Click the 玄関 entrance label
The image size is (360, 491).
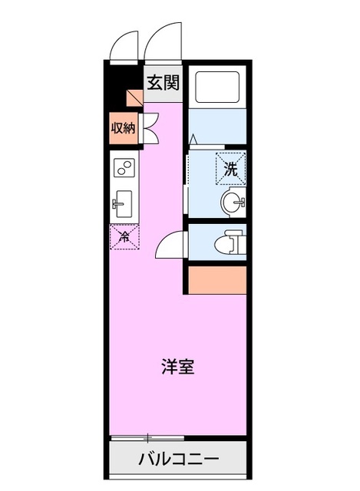click(x=163, y=82)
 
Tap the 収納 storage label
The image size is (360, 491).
click(x=123, y=128)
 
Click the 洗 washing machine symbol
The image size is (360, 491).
click(x=231, y=167)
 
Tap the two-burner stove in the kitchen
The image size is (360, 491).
click(x=124, y=166)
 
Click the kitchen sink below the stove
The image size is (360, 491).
click(x=124, y=203)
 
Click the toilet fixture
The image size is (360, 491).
click(x=230, y=243)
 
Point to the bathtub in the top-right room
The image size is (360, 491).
click(x=217, y=87)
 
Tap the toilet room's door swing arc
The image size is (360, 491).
click(x=170, y=245)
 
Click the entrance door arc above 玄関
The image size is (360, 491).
click(x=161, y=42)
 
